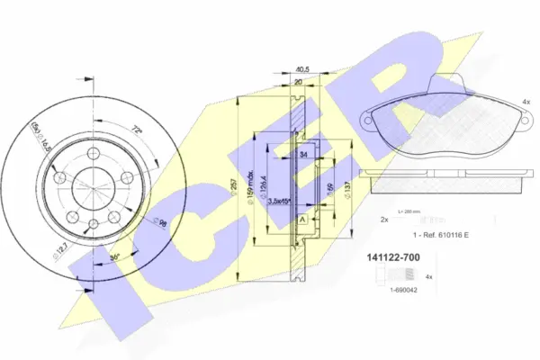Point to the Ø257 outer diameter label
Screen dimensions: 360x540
[x=236, y=186]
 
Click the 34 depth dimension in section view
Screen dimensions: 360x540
[x=302, y=154]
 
